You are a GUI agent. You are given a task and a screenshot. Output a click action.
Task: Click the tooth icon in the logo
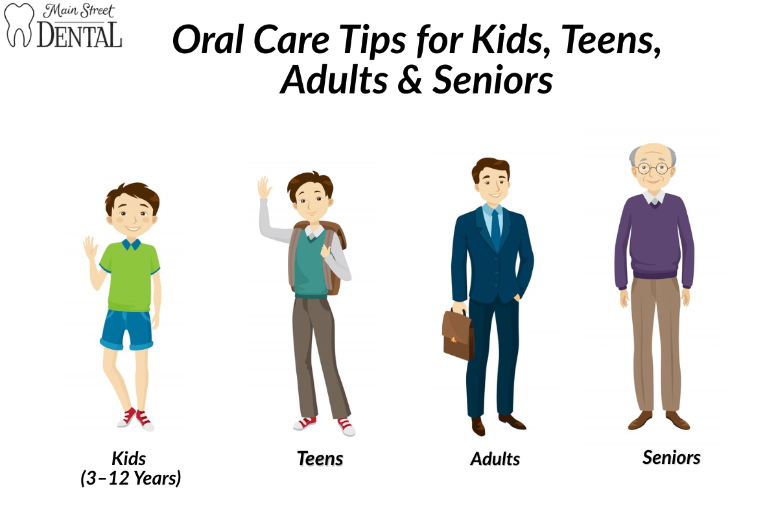pyautogui.click(x=19, y=25)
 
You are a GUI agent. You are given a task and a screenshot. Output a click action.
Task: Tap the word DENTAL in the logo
pyautogui.click(x=80, y=35)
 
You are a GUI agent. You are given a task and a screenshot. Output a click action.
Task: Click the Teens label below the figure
pyautogui.click(x=320, y=459)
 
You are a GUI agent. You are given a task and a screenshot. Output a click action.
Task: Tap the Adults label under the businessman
pyautogui.click(x=495, y=459)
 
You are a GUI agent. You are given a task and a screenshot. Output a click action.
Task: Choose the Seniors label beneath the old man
pyautogui.click(x=671, y=457)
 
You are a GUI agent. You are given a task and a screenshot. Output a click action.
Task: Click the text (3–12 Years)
pyautogui.click(x=131, y=479)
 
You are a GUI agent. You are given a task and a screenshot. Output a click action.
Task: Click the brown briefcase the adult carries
pyautogui.click(x=458, y=333)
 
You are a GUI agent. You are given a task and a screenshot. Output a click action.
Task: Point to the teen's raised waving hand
pyautogui.click(x=264, y=188)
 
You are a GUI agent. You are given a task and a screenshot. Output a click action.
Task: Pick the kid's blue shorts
pyautogui.click(x=127, y=328)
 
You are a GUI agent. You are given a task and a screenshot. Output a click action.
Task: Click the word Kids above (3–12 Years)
pyautogui.click(x=129, y=458)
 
